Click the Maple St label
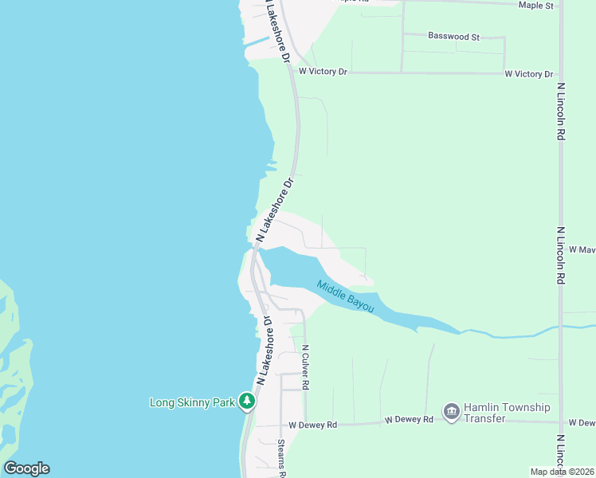pos(535,6)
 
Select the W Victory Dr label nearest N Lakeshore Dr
pos(323,72)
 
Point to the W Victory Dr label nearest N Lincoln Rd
pos(528,74)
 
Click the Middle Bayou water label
pos(345,296)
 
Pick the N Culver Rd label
pos(305,366)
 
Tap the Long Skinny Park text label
pos(192,402)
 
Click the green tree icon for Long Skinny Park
pos(248,401)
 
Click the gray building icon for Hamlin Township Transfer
pos(451,411)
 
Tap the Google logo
pos(26,468)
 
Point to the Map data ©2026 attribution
pos(561,472)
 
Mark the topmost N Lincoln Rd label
pos(561,112)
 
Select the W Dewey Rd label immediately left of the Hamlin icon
pos(408,420)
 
